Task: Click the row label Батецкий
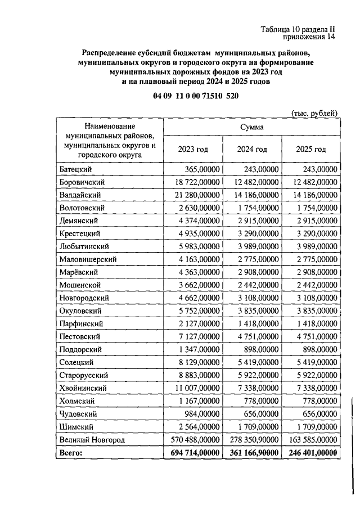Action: pyautogui.click(x=75, y=169)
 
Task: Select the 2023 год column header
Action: pyautogui.click(x=193, y=149)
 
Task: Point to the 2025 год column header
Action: pyautogui.click(x=311, y=149)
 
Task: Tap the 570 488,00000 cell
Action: pyautogui.click(x=194, y=439)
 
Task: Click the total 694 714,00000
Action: pyautogui.click(x=193, y=453)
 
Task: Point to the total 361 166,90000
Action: pyautogui.click(x=253, y=453)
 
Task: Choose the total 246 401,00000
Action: pyautogui.click(x=311, y=453)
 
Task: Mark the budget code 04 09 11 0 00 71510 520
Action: pyautogui.click(x=195, y=97)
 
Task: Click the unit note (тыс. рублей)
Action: pyautogui.click(x=314, y=112)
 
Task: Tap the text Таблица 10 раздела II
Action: pyautogui.click(x=298, y=29)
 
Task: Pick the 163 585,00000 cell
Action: pyautogui.click(x=311, y=439)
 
